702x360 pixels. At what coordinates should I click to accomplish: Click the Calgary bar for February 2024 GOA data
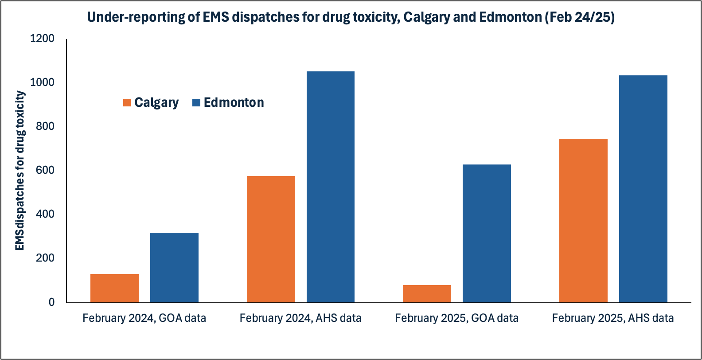(x=114, y=288)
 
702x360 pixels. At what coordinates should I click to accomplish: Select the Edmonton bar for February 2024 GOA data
(x=174, y=267)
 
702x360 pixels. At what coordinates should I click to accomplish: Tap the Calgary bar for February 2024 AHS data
(x=271, y=239)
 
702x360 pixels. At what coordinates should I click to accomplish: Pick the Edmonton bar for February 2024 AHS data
(x=331, y=187)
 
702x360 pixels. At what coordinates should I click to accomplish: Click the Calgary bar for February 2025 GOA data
(x=427, y=293)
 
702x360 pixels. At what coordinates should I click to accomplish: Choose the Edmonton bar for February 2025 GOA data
(x=487, y=233)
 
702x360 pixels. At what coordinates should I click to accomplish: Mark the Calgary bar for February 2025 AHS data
(x=583, y=220)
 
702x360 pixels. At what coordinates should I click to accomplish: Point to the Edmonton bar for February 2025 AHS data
(x=643, y=189)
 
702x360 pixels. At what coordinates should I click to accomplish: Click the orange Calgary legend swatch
(x=127, y=103)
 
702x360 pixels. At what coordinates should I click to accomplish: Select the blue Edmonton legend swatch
(x=196, y=103)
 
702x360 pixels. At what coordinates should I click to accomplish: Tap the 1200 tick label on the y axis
(x=42, y=39)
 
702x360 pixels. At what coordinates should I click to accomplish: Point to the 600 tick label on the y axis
(x=45, y=170)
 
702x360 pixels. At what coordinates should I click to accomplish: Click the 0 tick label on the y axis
(x=52, y=302)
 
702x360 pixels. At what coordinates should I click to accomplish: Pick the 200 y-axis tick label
(x=45, y=258)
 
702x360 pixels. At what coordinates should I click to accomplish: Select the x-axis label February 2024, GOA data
(x=144, y=318)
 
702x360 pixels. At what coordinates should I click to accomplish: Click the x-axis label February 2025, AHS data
(x=612, y=318)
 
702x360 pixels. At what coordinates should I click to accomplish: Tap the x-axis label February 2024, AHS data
(x=300, y=318)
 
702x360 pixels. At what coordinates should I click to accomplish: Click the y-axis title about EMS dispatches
(x=20, y=171)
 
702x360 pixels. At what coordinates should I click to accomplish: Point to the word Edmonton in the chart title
(x=510, y=17)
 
